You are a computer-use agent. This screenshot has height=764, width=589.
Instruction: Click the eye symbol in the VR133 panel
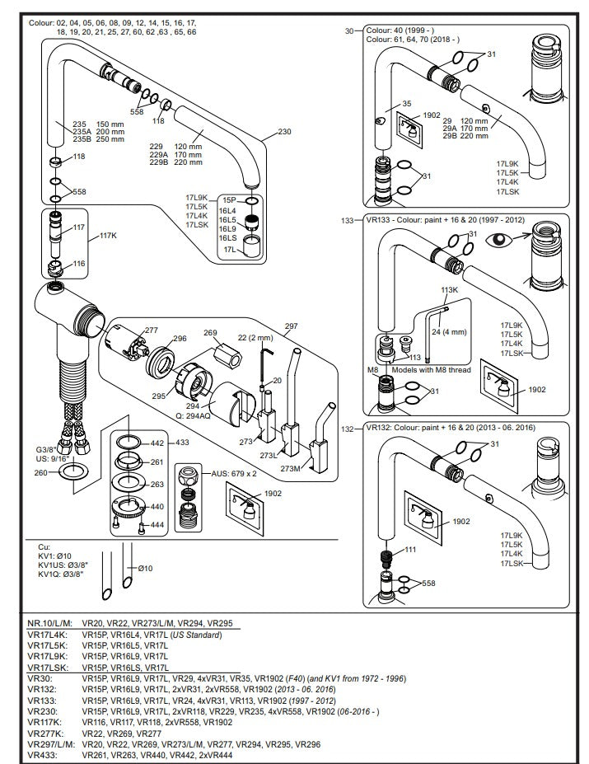[x=498, y=239]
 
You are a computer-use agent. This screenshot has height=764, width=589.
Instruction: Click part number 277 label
[x=152, y=330]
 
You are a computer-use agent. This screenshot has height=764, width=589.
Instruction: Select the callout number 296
[x=180, y=338]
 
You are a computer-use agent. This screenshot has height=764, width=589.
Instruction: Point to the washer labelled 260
[x=73, y=471]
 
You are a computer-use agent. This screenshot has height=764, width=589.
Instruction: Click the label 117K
[x=108, y=236]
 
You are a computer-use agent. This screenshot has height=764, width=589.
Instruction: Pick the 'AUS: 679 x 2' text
[x=234, y=473]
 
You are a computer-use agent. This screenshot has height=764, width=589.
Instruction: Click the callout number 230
[x=284, y=132]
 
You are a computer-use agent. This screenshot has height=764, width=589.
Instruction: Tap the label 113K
[x=449, y=290]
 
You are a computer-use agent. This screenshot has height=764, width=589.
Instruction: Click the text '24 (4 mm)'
[x=449, y=332]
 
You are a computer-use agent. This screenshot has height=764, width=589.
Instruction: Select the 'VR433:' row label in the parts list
[x=42, y=755]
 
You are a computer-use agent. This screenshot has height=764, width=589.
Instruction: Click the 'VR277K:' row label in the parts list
[x=45, y=734]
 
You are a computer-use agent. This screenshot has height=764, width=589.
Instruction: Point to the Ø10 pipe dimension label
[x=145, y=568]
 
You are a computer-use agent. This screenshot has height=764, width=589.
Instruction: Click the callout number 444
[x=157, y=525]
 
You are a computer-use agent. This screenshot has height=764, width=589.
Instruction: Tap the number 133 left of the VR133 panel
[x=348, y=221]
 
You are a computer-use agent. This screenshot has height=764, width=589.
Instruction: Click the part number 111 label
[x=410, y=550]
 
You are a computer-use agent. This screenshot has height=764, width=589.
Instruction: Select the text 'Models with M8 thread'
[x=431, y=370]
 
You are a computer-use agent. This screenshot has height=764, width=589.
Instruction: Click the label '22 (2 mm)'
[x=255, y=338]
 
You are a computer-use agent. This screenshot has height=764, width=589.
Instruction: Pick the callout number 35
[x=407, y=103]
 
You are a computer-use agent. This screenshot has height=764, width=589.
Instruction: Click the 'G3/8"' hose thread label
[x=46, y=450]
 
